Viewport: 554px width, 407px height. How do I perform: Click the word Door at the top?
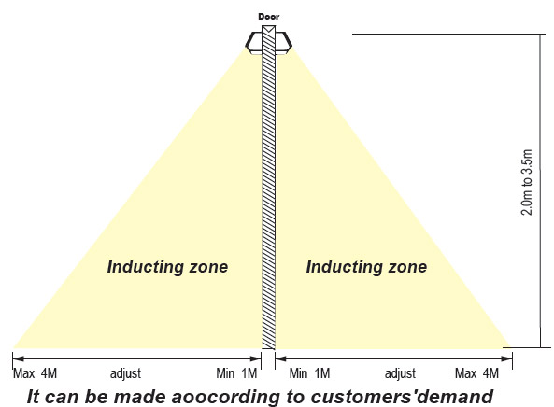click(x=268, y=17)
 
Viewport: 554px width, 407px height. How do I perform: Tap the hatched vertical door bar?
click(x=268, y=187)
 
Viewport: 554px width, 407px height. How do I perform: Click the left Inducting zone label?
click(x=167, y=266)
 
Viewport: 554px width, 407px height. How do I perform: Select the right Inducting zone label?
click(x=366, y=266)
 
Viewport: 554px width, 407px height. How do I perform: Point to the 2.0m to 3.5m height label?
click(x=527, y=182)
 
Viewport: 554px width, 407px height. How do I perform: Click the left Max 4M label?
click(x=35, y=373)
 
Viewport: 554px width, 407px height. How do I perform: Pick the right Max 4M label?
click(x=476, y=373)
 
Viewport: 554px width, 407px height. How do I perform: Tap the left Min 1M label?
click(x=236, y=373)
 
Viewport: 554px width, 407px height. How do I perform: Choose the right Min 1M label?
click(x=309, y=373)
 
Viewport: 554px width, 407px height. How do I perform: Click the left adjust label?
click(x=125, y=373)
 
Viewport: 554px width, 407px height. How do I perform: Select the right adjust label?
click(x=400, y=373)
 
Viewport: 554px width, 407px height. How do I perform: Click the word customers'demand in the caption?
click(x=402, y=397)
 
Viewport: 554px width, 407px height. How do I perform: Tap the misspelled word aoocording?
click(x=225, y=397)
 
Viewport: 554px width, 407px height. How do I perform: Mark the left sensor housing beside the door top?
click(x=254, y=43)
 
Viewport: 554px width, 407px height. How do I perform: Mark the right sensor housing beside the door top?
click(x=284, y=43)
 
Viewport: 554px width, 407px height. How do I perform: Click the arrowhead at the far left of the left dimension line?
click(x=18, y=358)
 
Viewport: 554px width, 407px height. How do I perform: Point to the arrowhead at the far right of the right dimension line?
click(x=507, y=358)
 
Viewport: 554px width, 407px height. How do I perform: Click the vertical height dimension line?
click(x=540, y=191)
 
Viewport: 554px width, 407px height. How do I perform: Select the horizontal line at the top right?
click(x=448, y=34)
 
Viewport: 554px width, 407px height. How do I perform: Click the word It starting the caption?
click(x=33, y=397)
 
